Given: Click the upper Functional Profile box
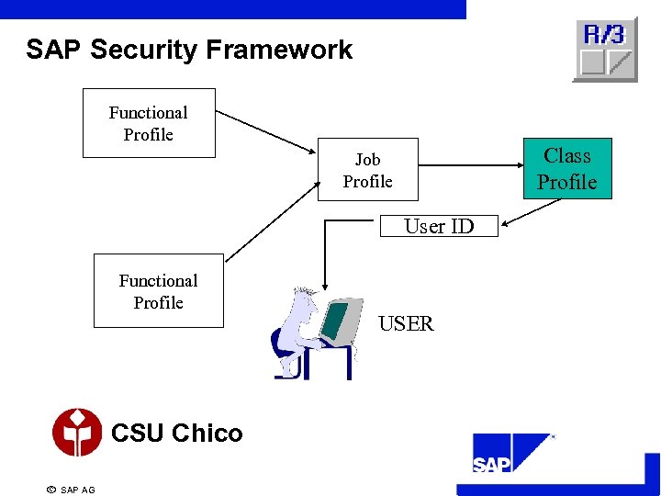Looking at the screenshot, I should (149, 123).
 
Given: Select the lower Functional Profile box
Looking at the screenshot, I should (158, 291).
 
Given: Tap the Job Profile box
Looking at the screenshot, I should (367, 170).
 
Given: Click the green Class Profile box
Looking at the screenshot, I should (566, 169).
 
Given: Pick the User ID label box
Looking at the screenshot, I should (439, 226).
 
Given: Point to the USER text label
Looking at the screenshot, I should (406, 323).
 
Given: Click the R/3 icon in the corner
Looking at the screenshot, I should (604, 50).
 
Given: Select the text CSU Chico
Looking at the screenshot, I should (176, 434).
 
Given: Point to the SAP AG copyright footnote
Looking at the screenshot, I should (71, 490).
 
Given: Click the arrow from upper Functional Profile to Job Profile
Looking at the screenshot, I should (266, 132).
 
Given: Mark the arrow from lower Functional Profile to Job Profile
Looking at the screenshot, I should (271, 220).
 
